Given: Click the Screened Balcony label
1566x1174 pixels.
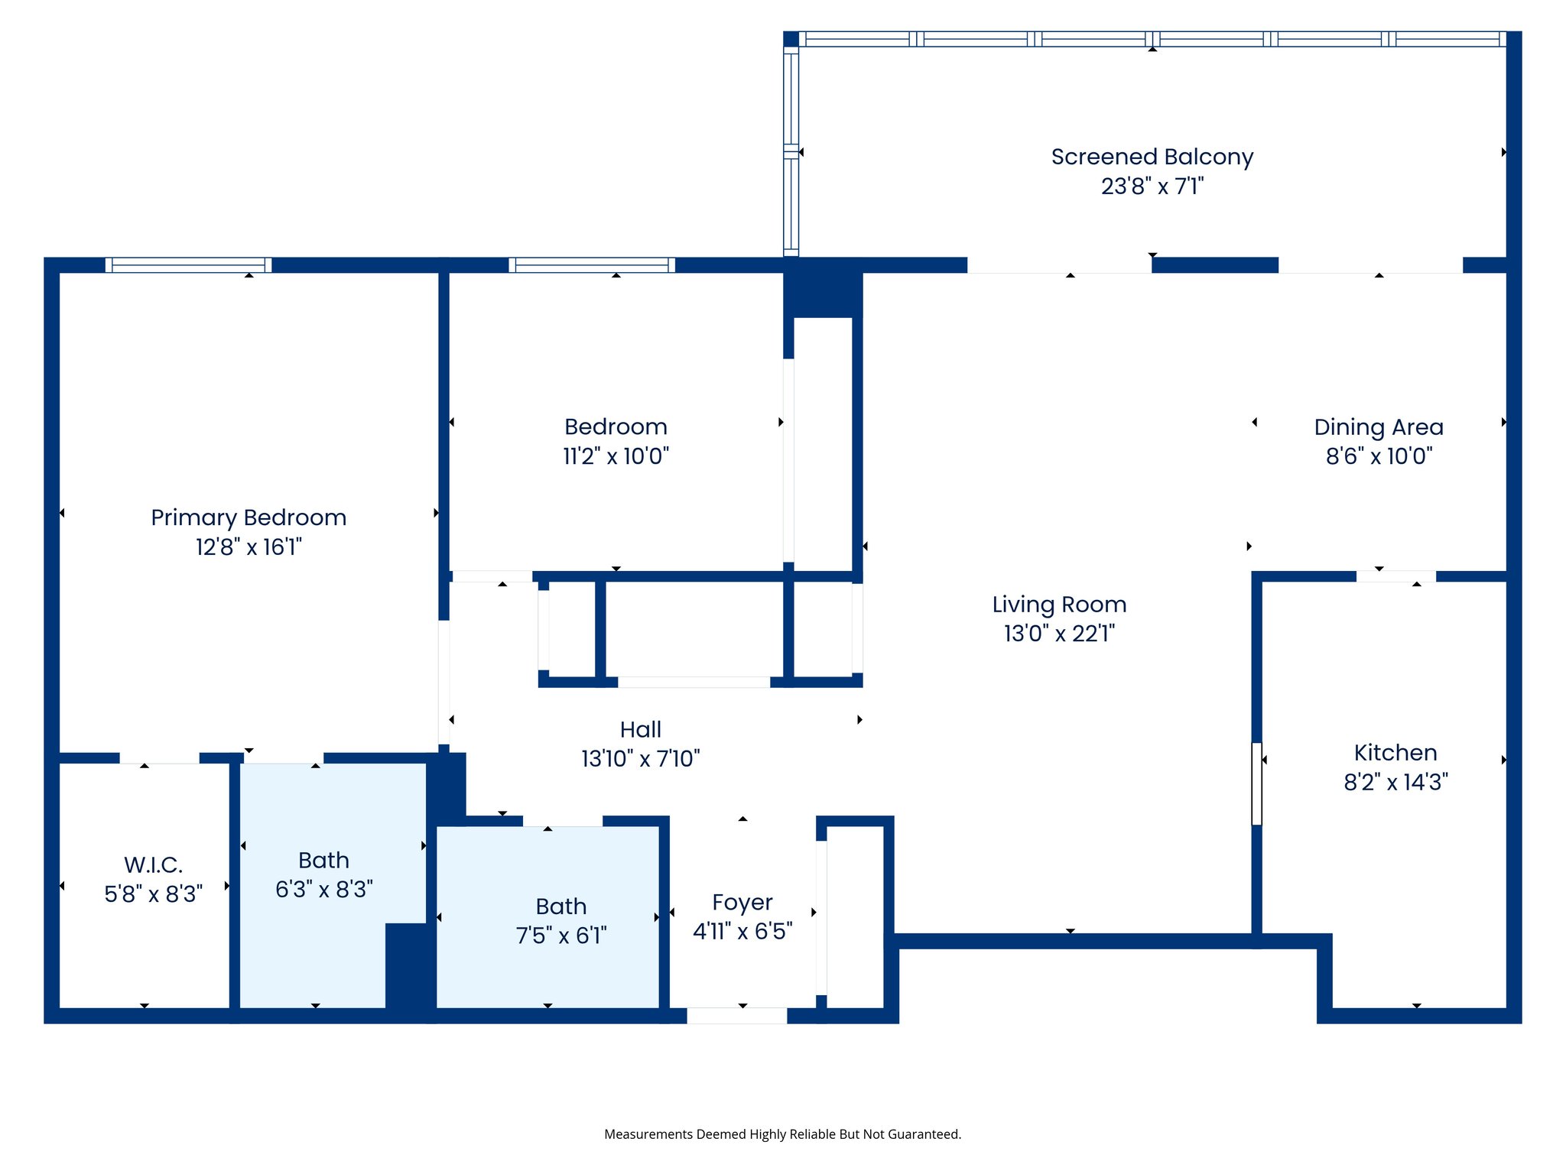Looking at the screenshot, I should (1152, 157).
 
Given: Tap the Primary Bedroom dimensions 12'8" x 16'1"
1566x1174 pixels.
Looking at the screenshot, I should (249, 547).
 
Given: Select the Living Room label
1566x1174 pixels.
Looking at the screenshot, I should (1059, 605).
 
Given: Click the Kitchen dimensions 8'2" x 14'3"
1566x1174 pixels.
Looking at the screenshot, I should (1395, 782).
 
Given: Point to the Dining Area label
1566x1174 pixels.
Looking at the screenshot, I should (1379, 427).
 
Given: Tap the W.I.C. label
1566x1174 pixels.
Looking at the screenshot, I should (153, 865).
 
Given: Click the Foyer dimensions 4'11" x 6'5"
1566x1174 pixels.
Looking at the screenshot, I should (742, 932).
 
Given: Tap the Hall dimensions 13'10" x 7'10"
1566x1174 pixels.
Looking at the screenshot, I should (640, 759).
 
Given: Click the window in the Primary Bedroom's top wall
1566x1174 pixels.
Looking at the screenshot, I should (188, 265).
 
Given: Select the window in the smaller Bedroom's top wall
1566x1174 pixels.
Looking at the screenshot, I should (591, 265).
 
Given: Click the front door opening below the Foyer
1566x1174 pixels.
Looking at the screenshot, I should (736, 1015).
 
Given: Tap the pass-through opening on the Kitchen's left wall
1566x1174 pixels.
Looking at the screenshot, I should (1256, 783).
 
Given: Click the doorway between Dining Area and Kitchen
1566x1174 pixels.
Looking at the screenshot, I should (1395, 576).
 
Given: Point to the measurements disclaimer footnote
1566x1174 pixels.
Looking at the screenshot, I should (782, 1134).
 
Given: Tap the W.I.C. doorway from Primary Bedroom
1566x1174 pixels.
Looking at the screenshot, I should (159, 758).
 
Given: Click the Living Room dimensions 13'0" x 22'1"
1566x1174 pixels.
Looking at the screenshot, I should (1059, 634).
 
